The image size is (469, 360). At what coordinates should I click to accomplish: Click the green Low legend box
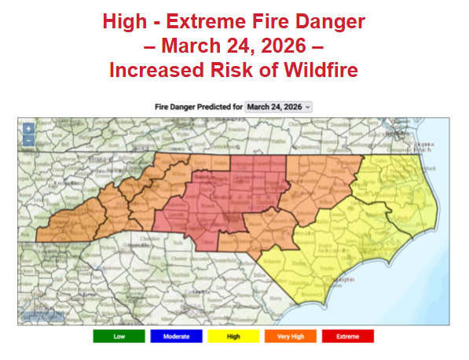pos(119,336)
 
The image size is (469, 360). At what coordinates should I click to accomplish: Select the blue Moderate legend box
pos(176,336)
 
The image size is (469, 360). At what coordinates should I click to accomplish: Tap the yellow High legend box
pos(233,336)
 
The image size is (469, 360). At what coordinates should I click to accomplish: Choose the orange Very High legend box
pos(290,336)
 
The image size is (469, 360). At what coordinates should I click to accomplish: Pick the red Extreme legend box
pos(347,336)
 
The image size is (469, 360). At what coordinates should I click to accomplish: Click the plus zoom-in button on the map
pos(28,128)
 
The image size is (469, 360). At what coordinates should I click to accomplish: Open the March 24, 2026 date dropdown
pos(278,106)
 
